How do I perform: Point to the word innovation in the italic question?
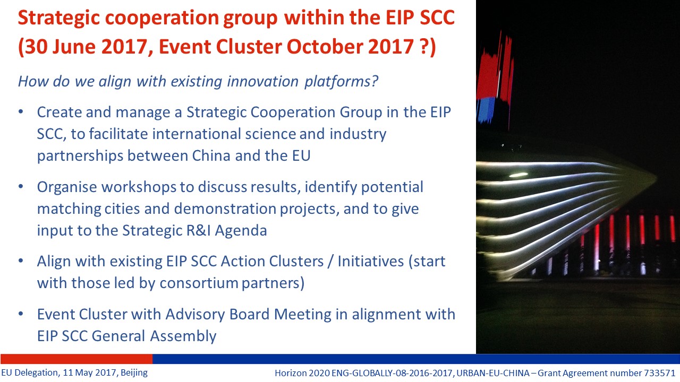coord(262,81)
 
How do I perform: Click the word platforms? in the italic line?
coord(341,82)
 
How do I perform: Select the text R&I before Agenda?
coord(198,230)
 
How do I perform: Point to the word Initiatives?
coord(370,262)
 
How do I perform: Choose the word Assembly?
coord(183,336)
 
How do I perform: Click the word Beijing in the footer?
coord(134,373)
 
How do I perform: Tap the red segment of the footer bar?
coord(76,359)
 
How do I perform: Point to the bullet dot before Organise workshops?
coord(21,186)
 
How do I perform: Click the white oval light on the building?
coord(518,175)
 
